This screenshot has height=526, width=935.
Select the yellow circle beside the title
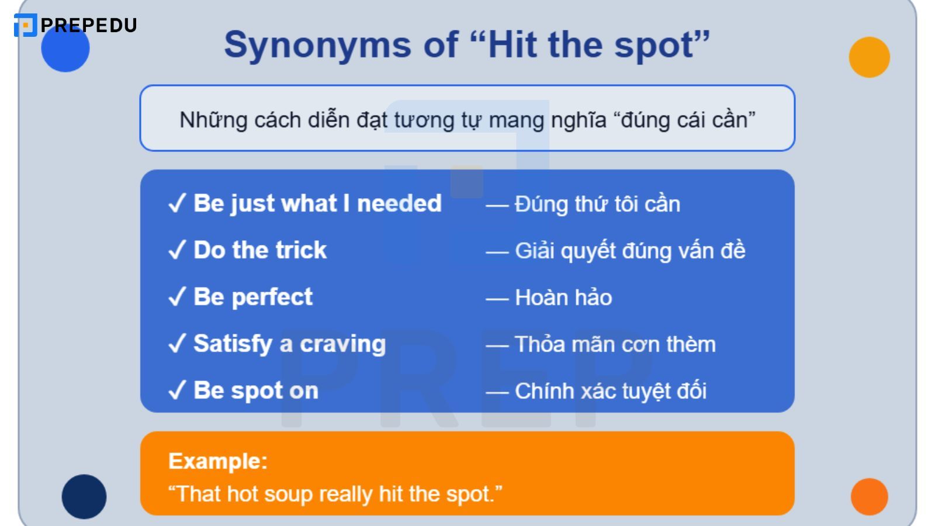(869, 57)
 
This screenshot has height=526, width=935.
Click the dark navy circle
(84, 496)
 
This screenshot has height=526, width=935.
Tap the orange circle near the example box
(869, 496)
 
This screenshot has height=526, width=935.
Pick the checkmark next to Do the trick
(176, 250)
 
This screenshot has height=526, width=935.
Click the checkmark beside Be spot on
(176, 390)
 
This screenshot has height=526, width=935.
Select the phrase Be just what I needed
(317, 203)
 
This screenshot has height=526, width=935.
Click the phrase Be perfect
(253, 297)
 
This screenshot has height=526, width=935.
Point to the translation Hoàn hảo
(563, 297)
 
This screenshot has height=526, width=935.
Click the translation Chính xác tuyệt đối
(610, 391)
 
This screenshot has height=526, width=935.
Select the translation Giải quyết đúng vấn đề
(629, 251)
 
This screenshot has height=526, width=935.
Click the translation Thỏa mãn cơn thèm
(615, 344)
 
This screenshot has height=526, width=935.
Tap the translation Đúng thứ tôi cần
(597, 204)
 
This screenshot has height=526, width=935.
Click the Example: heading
(218, 461)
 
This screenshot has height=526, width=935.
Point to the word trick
(300, 250)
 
